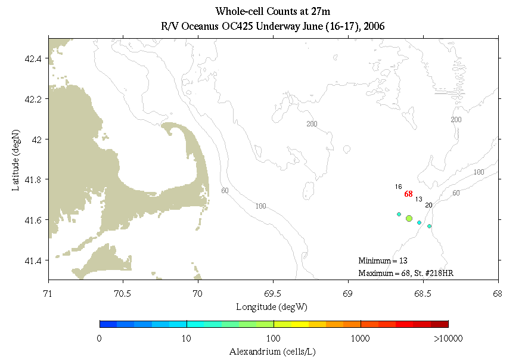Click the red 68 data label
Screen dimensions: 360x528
click(408, 194)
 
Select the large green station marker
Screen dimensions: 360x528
click(409, 219)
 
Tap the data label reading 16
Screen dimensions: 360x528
click(398, 187)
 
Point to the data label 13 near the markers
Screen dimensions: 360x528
click(418, 199)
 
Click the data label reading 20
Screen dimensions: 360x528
click(428, 205)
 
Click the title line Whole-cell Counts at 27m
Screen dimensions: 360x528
click(273, 11)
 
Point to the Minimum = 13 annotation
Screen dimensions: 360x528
click(383, 260)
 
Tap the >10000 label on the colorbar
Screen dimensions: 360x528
click(448, 339)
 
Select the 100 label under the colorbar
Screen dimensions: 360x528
click(274, 339)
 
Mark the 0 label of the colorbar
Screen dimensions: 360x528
click(100, 339)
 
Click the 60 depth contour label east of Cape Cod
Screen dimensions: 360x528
click(225, 191)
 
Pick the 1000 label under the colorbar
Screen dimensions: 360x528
click(361, 339)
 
